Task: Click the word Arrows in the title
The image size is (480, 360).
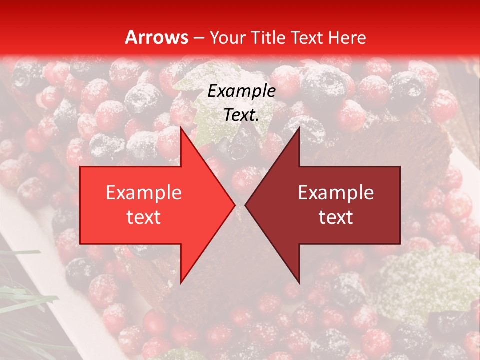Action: pos(156,37)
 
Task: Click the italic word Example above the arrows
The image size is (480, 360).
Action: pos(241,91)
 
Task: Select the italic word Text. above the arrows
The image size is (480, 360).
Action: pos(241,115)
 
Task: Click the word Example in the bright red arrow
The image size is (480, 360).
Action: pos(144,193)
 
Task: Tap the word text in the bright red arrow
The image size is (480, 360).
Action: pos(144,217)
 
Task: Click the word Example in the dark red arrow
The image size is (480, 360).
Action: pos(336,193)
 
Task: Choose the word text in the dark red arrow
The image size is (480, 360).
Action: pos(336,217)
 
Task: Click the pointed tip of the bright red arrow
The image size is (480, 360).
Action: pos(235,205)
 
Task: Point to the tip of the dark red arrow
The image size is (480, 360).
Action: pos(245,205)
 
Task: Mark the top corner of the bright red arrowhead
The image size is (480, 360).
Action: pos(181,128)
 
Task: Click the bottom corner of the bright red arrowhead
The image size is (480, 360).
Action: pos(181,282)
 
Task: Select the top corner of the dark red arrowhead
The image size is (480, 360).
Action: pos(299,128)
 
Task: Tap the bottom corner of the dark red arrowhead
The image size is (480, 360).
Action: pos(299,282)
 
